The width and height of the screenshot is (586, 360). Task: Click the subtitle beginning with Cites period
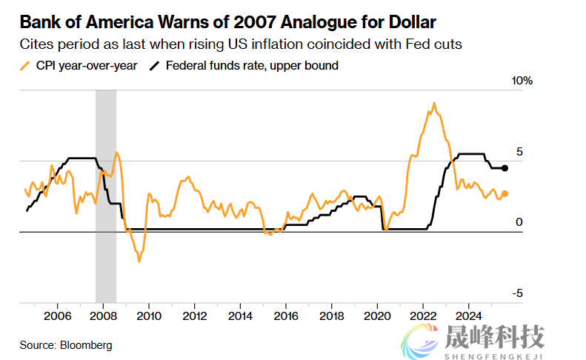[241, 44]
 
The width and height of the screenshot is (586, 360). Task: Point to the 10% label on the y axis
[523, 80]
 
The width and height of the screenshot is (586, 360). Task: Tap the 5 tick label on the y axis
[519, 151]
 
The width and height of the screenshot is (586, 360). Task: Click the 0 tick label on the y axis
[519, 222]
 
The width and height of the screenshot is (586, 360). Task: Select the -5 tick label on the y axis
[517, 293]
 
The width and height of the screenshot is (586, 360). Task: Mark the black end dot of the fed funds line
[505, 169]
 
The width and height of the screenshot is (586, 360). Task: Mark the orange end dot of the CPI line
[505, 194]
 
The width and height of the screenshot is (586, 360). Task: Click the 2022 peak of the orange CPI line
[433, 104]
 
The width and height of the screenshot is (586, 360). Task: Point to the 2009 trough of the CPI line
[139, 261]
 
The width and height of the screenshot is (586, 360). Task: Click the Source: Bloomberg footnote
[65, 345]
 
